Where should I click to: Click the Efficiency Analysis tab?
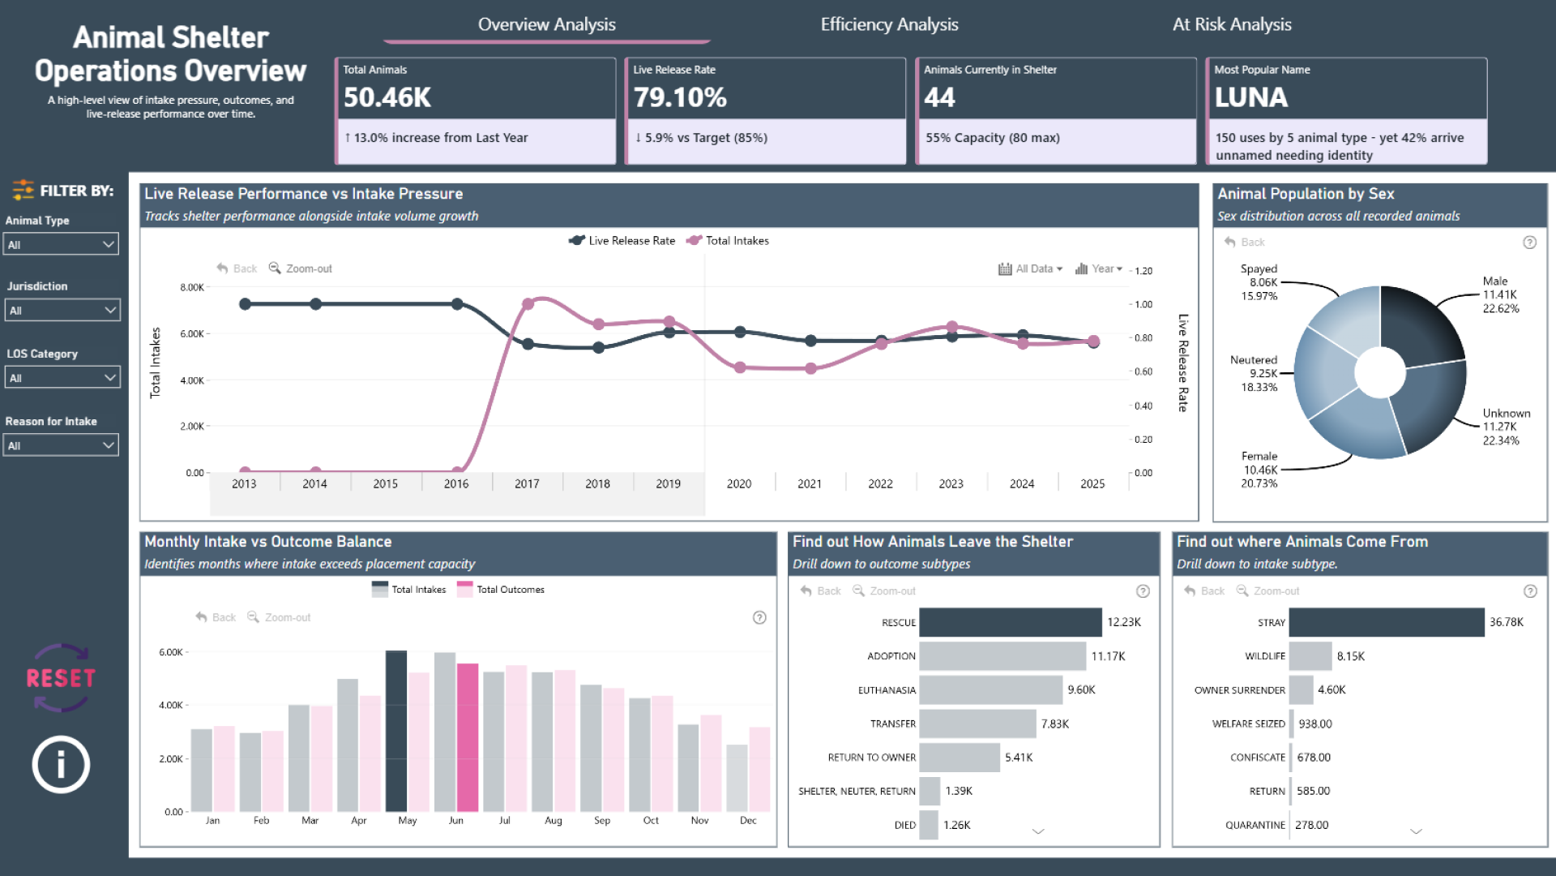coord(889,24)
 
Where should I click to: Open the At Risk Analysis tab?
coord(1231,24)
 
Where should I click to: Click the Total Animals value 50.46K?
coord(387,97)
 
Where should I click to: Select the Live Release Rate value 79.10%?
coord(680,97)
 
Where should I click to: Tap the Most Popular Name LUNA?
coord(1250,97)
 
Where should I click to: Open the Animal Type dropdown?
coord(62,244)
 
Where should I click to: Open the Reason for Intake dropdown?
coord(62,445)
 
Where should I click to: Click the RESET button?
coord(61,678)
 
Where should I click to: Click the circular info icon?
coord(61,764)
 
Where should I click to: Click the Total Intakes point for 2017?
coord(528,304)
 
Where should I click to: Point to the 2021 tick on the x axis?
coord(810,483)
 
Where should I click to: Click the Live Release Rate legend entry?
coord(622,241)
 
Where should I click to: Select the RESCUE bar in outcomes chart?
coord(1010,622)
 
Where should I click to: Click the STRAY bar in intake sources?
coord(1386,622)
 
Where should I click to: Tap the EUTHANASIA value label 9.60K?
coord(1081,689)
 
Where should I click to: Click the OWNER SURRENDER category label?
coord(1239,690)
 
